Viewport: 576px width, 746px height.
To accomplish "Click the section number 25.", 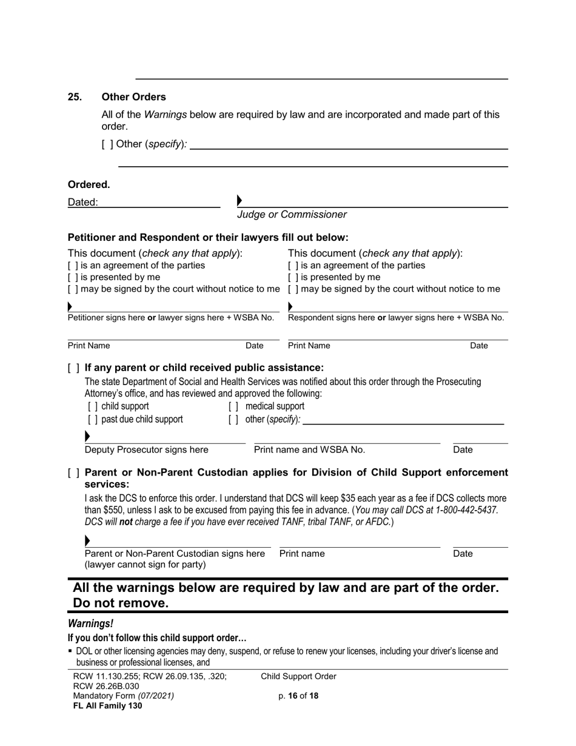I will click(74, 97).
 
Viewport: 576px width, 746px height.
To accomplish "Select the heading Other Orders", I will click(133, 97).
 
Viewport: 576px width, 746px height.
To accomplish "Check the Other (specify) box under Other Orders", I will click(107, 144).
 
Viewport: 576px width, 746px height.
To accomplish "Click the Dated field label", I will click(82, 203).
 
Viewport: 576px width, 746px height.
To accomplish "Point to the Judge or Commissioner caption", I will click(292, 214).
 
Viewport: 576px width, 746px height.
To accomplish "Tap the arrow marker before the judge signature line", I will click(239, 200).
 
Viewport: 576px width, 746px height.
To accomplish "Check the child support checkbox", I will click(92, 406).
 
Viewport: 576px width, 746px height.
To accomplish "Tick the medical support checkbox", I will click(233, 406).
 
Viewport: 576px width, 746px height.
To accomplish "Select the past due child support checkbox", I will click(92, 420).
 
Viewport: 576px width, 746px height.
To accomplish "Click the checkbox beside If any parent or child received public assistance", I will click(73, 368).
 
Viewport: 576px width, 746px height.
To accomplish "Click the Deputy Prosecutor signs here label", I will click(146, 449).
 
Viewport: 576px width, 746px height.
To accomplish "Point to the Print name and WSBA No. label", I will click(309, 449).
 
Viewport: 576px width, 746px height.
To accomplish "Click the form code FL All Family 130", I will click(107, 705).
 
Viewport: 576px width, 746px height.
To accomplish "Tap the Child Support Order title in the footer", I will click(298, 676).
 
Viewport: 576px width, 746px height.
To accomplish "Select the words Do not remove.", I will click(120, 603).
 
